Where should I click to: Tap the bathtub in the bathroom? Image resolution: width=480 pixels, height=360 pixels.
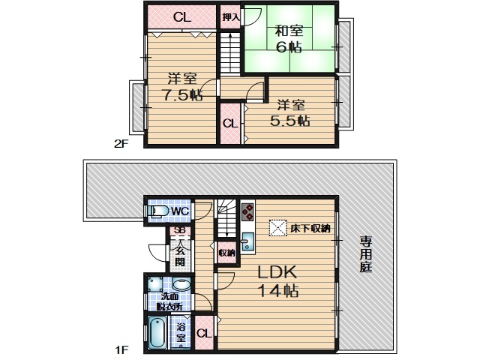pyautogui.click(x=157, y=333)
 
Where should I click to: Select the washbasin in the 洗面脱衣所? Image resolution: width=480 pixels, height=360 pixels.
pyautogui.click(x=181, y=284)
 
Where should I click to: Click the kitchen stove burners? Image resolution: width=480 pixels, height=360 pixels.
pyautogui.click(x=247, y=211)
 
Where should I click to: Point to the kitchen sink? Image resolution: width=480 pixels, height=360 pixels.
pyautogui.click(x=247, y=241)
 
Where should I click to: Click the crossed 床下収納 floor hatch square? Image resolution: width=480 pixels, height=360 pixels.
pyautogui.click(x=278, y=228)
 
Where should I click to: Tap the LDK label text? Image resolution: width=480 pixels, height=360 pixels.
pyautogui.click(x=277, y=271)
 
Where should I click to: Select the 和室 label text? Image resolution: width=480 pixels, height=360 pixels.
pyautogui.click(x=289, y=31)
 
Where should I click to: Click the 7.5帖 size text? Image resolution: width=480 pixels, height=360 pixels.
pyautogui.click(x=182, y=95)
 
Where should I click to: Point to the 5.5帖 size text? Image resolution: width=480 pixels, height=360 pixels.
pyautogui.click(x=289, y=121)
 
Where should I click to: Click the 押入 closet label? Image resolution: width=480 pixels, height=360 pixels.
pyautogui.click(x=230, y=17)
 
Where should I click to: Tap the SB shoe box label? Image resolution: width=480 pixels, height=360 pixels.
pyautogui.click(x=178, y=230)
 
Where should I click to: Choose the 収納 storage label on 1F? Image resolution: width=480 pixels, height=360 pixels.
pyautogui.click(x=226, y=253)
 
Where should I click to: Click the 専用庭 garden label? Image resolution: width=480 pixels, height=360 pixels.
pyautogui.click(x=365, y=253)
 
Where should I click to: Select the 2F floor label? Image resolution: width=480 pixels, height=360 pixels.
pyautogui.click(x=121, y=143)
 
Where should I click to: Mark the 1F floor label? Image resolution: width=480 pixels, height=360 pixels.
pyautogui.click(x=121, y=349)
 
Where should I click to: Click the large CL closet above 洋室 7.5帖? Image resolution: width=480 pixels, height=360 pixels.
pyautogui.click(x=181, y=17)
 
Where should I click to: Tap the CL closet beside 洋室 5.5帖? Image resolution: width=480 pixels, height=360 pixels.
pyautogui.click(x=230, y=124)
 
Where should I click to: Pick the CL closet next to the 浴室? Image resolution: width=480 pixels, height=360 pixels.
pyautogui.click(x=204, y=333)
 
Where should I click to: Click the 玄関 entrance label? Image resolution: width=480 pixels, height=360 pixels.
pyautogui.click(x=180, y=256)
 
